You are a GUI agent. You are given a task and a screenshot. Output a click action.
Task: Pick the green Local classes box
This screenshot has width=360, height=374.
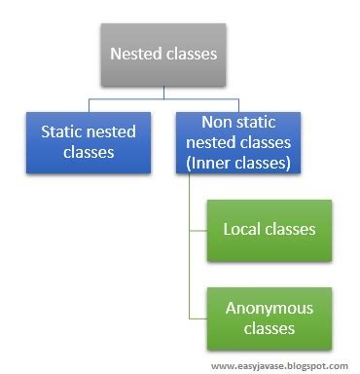269,230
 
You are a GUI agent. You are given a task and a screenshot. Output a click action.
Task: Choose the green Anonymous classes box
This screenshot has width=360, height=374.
269,317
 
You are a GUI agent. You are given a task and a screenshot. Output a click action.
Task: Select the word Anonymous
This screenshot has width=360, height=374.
269,307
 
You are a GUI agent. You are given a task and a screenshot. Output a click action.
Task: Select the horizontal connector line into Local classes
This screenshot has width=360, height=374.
200,230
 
